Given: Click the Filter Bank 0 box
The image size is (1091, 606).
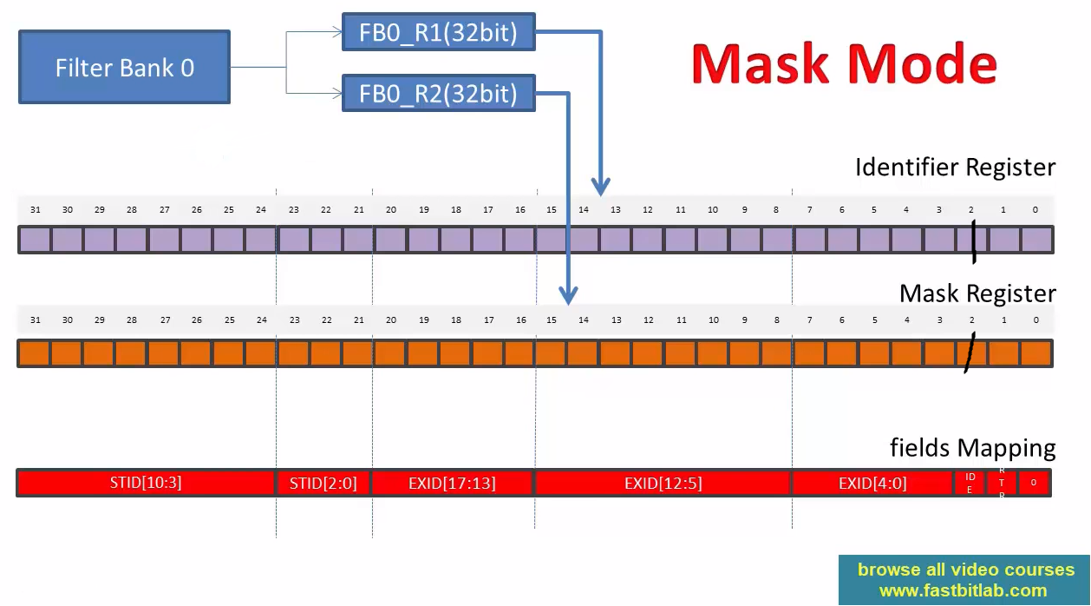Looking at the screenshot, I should pos(124,68).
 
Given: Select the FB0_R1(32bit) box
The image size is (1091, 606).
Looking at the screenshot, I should pos(439,34).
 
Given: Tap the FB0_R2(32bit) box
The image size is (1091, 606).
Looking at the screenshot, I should pos(439,93).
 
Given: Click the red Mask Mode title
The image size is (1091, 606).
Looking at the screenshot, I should pos(845,63).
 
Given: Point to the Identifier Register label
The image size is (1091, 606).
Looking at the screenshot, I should pos(955,167).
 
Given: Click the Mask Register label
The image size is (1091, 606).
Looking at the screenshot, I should pos(977,293).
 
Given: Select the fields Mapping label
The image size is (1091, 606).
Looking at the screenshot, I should pos(972,448).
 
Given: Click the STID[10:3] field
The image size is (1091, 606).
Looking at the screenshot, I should pos(146,483).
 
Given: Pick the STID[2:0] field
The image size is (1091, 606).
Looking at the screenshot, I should pos(323,483).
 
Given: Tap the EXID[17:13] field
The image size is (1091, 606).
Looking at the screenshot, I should pos(452,483).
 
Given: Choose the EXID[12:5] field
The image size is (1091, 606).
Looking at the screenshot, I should pos(663,483).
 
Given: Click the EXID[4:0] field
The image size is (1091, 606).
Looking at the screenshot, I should pos(872,483).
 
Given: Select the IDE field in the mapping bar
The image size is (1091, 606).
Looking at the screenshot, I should pos(970,483).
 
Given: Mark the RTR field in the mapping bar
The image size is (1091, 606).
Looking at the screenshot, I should pos(1002,483).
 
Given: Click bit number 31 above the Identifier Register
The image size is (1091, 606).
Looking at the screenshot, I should pos(35,209).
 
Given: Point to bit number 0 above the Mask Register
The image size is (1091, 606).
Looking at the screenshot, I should pos(1035,319).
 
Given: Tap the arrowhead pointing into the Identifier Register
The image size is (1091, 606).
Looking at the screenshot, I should pos(601,187).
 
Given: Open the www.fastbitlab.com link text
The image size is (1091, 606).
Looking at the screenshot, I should pos(963,590).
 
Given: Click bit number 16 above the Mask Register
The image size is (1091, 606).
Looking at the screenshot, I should pos(520,319).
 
